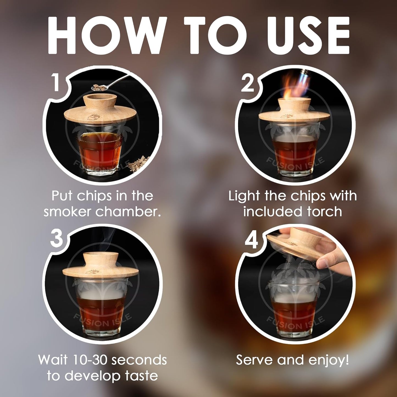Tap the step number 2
[x=248, y=84]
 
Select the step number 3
[x=56, y=239]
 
